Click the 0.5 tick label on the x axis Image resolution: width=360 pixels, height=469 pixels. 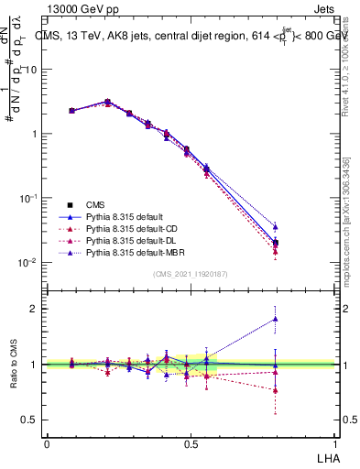(191, 442)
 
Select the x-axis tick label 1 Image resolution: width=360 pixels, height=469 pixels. (334, 442)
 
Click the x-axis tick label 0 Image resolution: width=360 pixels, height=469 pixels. (47, 442)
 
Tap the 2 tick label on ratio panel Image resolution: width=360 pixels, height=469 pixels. (35, 309)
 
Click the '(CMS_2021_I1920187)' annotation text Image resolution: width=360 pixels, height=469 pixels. (191, 274)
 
